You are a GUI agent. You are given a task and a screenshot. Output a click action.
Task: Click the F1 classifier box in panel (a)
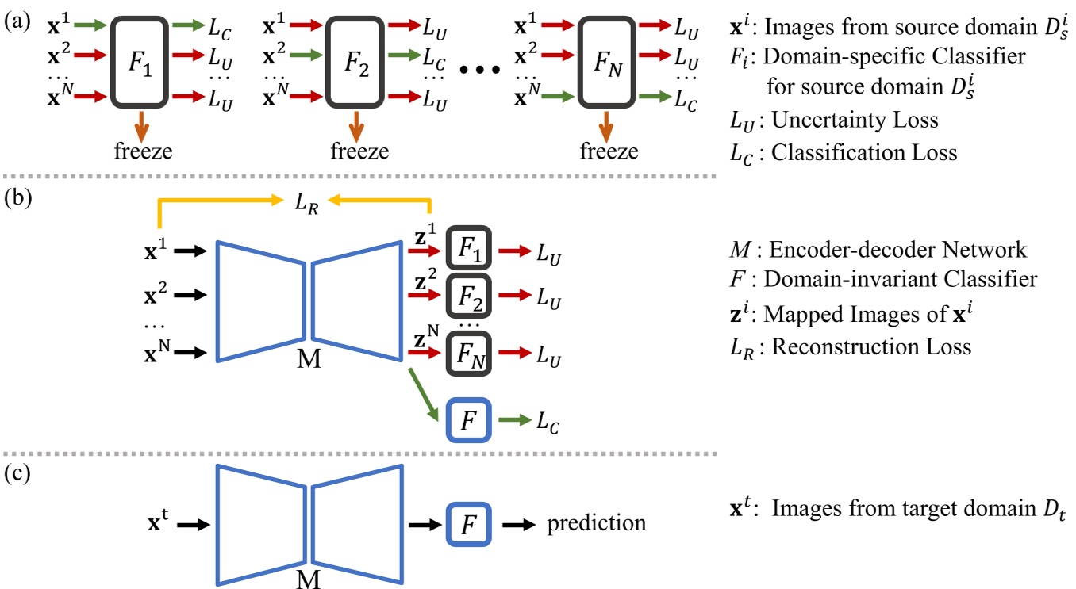141,61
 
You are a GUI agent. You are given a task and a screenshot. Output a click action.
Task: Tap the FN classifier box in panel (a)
608,61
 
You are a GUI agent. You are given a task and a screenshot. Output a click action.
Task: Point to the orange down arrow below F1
141,123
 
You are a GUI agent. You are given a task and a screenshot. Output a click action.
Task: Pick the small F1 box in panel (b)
470,250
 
